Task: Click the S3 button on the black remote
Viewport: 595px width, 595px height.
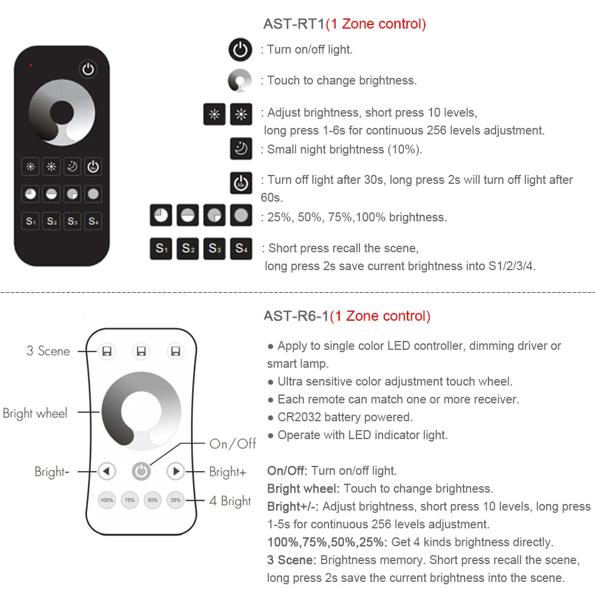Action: pyautogui.click(x=73, y=221)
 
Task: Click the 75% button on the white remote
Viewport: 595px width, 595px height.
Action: pyautogui.click(x=129, y=500)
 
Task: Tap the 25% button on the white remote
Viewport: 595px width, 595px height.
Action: pyautogui.click(x=176, y=500)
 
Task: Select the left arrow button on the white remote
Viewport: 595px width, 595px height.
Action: pyautogui.click(x=107, y=472)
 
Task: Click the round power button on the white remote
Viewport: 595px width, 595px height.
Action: pyautogui.click(x=141, y=472)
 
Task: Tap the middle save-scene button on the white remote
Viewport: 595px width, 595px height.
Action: pyautogui.click(x=141, y=352)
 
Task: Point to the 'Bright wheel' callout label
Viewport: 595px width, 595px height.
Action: pyautogui.click(x=35, y=413)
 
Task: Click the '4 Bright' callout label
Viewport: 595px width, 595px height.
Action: pyautogui.click(x=230, y=501)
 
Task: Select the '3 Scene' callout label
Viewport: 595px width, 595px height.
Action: pyautogui.click(x=48, y=351)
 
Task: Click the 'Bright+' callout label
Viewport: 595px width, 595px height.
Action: pyautogui.click(x=228, y=472)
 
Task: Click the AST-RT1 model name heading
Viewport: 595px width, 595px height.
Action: pyautogui.click(x=294, y=24)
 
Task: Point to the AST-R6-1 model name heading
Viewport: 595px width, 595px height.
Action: pyautogui.click(x=296, y=316)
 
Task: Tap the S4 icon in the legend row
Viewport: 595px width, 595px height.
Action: pyautogui.click(x=241, y=249)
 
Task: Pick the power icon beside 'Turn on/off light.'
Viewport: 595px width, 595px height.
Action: pyautogui.click(x=241, y=49)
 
